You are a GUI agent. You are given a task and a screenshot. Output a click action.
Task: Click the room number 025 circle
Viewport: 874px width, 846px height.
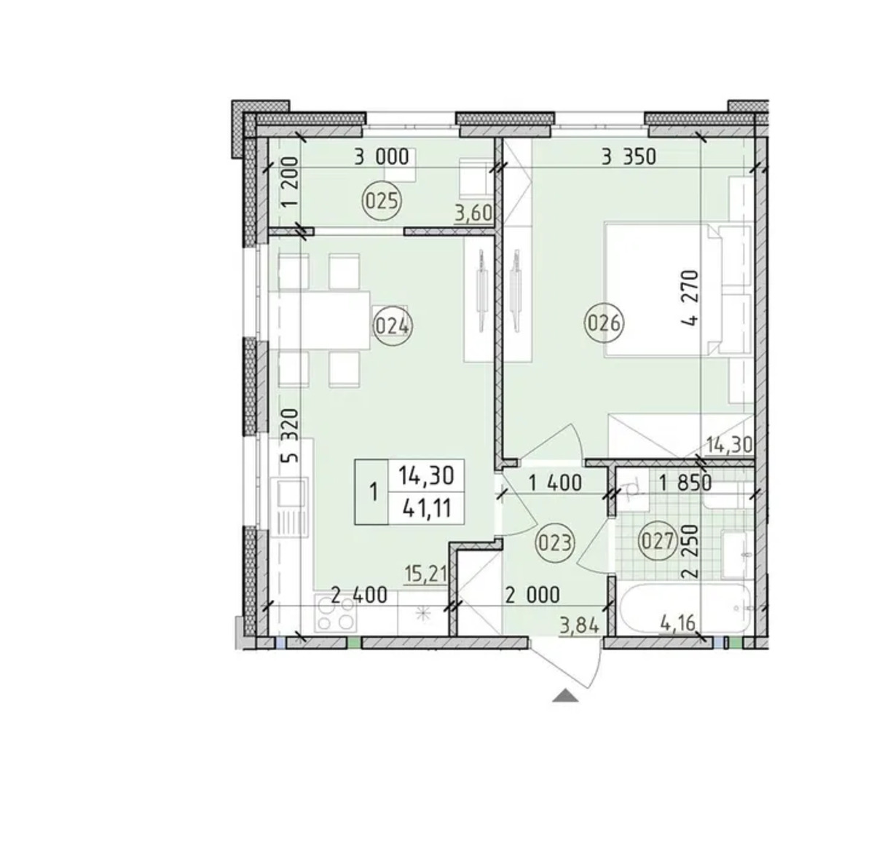point(382,202)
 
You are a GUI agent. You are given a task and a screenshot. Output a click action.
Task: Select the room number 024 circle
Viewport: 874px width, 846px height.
point(393,326)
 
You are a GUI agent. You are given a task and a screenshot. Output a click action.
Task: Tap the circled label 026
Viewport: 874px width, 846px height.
point(604,323)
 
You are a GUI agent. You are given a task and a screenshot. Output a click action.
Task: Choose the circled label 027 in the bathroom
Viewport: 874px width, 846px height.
point(658,541)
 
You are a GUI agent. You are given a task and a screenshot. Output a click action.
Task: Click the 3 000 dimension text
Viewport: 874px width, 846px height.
point(382,157)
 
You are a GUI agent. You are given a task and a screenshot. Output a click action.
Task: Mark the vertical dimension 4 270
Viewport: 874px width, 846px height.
point(690,297)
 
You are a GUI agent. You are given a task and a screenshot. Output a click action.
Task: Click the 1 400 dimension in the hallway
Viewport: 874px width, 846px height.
point(555,483)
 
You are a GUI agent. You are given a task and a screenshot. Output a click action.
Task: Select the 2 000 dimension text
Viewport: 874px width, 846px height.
point(532,596)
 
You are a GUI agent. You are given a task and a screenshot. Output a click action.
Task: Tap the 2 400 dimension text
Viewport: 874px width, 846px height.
point(359,596)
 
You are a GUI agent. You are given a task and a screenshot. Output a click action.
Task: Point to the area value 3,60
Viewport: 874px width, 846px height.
point(474,213)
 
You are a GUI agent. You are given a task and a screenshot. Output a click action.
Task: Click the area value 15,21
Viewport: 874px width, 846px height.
point(425,574)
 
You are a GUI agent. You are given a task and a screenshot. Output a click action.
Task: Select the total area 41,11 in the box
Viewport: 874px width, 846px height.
point(427,509)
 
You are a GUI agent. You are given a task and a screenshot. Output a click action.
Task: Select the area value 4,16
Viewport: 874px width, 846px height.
point(678,623)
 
